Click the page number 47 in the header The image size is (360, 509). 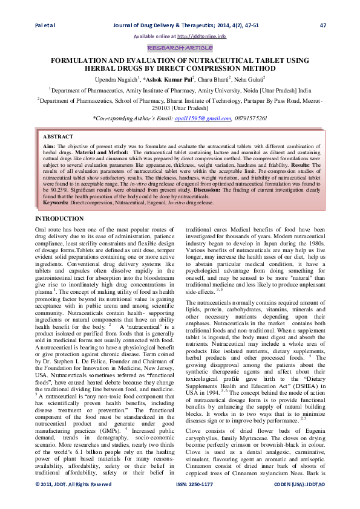point(322,25)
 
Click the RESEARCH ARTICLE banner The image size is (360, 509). point(179,47)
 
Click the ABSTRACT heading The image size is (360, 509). point(59,138)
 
